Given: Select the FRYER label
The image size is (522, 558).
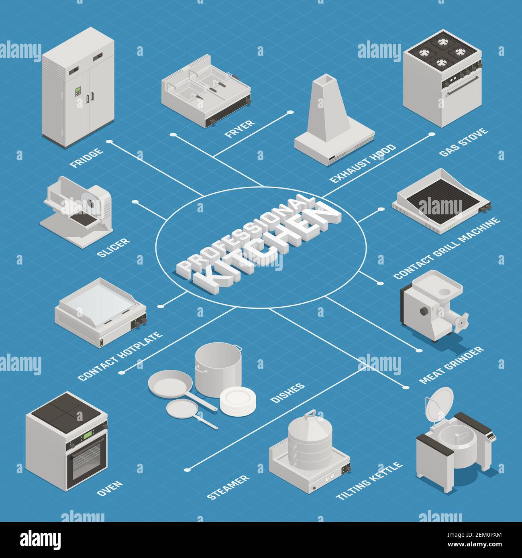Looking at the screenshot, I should [x=239, y=128].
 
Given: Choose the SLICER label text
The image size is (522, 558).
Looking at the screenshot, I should [x=113, y=246].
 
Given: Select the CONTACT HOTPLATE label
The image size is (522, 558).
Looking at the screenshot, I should [x=120, y=356].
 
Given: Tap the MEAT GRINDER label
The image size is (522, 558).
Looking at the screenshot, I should [x=451, y=365].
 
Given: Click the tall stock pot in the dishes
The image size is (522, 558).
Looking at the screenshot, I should [x=218, y=367].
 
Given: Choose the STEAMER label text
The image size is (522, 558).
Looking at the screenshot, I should [x=228, y=487].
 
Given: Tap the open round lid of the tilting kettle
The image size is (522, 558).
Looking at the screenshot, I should [x=438, y=403].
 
